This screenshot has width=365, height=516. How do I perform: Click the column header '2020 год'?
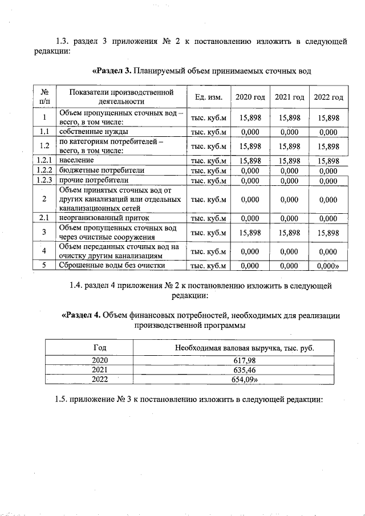click(250, 97)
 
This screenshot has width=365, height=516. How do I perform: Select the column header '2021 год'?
click(290, 97)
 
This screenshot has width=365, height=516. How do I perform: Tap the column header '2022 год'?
click(328, 97)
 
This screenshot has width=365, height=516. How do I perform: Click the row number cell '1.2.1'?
click(44, 161)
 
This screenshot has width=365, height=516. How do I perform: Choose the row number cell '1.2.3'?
click(44, 180)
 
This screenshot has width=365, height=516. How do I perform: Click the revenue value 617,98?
click(245, 360)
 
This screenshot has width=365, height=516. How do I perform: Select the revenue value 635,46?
click(245, 369)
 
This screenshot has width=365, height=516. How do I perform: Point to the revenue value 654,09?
click(246, 379)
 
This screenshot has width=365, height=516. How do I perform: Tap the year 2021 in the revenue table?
click(99, 369)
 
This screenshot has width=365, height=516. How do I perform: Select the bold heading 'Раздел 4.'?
click(82, 315)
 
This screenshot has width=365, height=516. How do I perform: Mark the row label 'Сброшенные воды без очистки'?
click(112, 265)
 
